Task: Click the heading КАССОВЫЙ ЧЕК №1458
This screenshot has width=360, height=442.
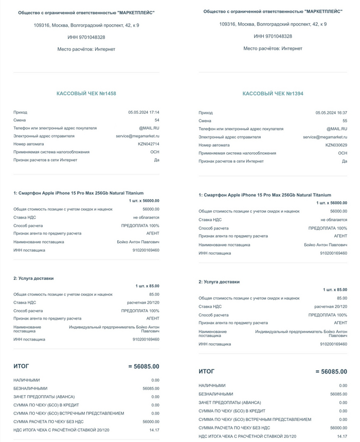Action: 86,93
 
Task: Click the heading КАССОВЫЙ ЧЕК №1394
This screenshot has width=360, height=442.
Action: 273,94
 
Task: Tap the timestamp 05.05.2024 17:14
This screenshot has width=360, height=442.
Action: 143,112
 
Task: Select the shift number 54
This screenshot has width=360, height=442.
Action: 157,120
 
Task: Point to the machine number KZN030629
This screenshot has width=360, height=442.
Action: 336,145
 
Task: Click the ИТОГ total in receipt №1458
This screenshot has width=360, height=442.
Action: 143,366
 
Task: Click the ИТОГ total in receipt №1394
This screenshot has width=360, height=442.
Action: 331,372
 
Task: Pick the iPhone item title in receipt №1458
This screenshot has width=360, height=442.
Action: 78,193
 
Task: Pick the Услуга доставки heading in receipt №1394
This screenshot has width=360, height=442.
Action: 219,282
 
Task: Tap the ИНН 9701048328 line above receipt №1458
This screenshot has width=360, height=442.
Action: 86,37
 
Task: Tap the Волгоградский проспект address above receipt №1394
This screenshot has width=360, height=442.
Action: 273,24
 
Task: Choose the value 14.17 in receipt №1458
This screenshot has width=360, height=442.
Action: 154,429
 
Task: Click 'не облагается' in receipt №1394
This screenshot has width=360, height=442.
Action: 334,220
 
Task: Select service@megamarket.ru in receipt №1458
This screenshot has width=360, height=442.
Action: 137,136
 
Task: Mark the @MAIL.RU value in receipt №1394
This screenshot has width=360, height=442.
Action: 336,129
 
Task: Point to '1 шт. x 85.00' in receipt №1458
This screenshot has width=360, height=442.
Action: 147,286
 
